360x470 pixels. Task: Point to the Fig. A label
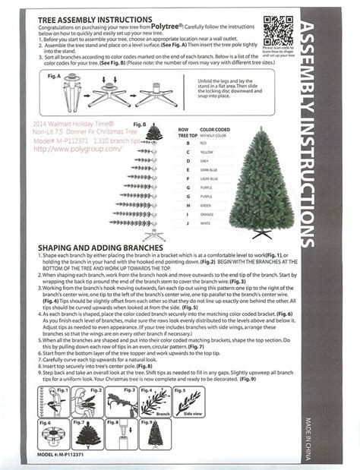pyautogui.click(x=54, y=77)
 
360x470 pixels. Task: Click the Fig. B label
pyautogui.click(x=139, y=123)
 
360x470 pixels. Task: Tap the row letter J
pyautogui.click(x=188, y=224)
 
